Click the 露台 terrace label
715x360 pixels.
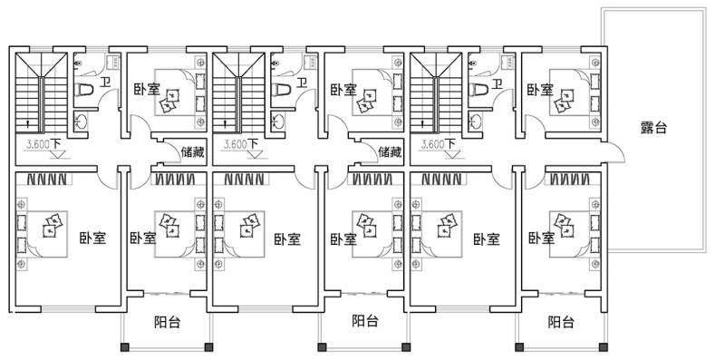pos(653,128)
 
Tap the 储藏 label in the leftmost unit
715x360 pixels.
pos(192,151)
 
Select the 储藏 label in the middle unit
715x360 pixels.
pos(390,151)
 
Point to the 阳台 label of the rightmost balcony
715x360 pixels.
pos(561,322)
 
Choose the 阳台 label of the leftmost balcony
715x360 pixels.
pos(168,322)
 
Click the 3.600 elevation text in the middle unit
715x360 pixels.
pos(235,145)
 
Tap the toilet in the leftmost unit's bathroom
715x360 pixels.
pos(84,90)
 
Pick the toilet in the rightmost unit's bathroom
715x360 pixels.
pos(478,90)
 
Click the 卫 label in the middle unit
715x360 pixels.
pos(302,83)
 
